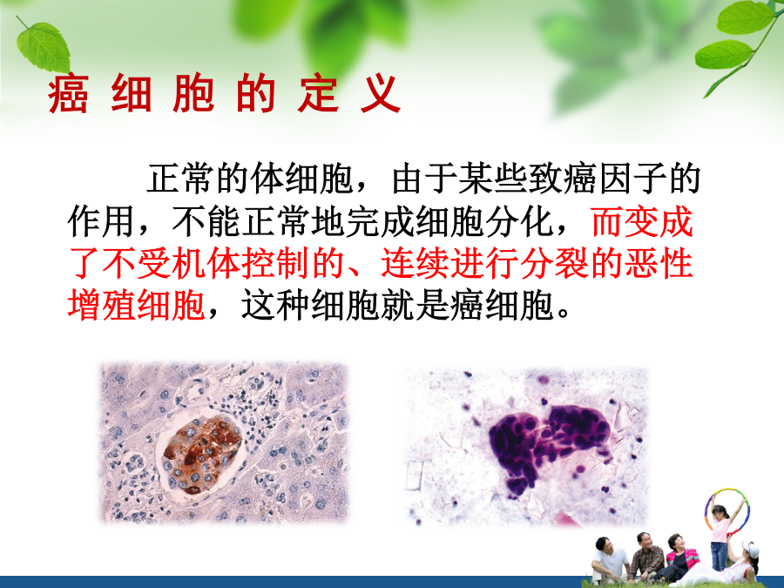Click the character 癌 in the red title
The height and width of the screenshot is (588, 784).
pyautogui.click(x=69, y=94)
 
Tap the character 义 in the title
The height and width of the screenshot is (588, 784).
pyautogui.click(x=381, y=94)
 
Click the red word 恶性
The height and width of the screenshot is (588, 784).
pyautogui.click(x=659, y=262)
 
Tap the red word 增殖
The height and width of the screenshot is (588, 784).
pyautogui.click(x=102, y=305)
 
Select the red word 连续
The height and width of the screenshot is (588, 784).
pyautogui.click(x=415, y=262)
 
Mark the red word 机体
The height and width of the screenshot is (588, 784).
pyautogui.click(x=206, y=262)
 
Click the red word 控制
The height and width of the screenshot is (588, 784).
pyautogui.click(x=275, y=262)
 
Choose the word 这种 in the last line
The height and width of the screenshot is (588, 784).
pyautogui.click(x=275, y=305)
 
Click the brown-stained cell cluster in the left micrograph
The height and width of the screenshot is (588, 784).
pyautogui.click(x=201, y=454)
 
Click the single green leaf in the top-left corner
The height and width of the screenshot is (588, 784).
pyautogui.click(x=44, y=46)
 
